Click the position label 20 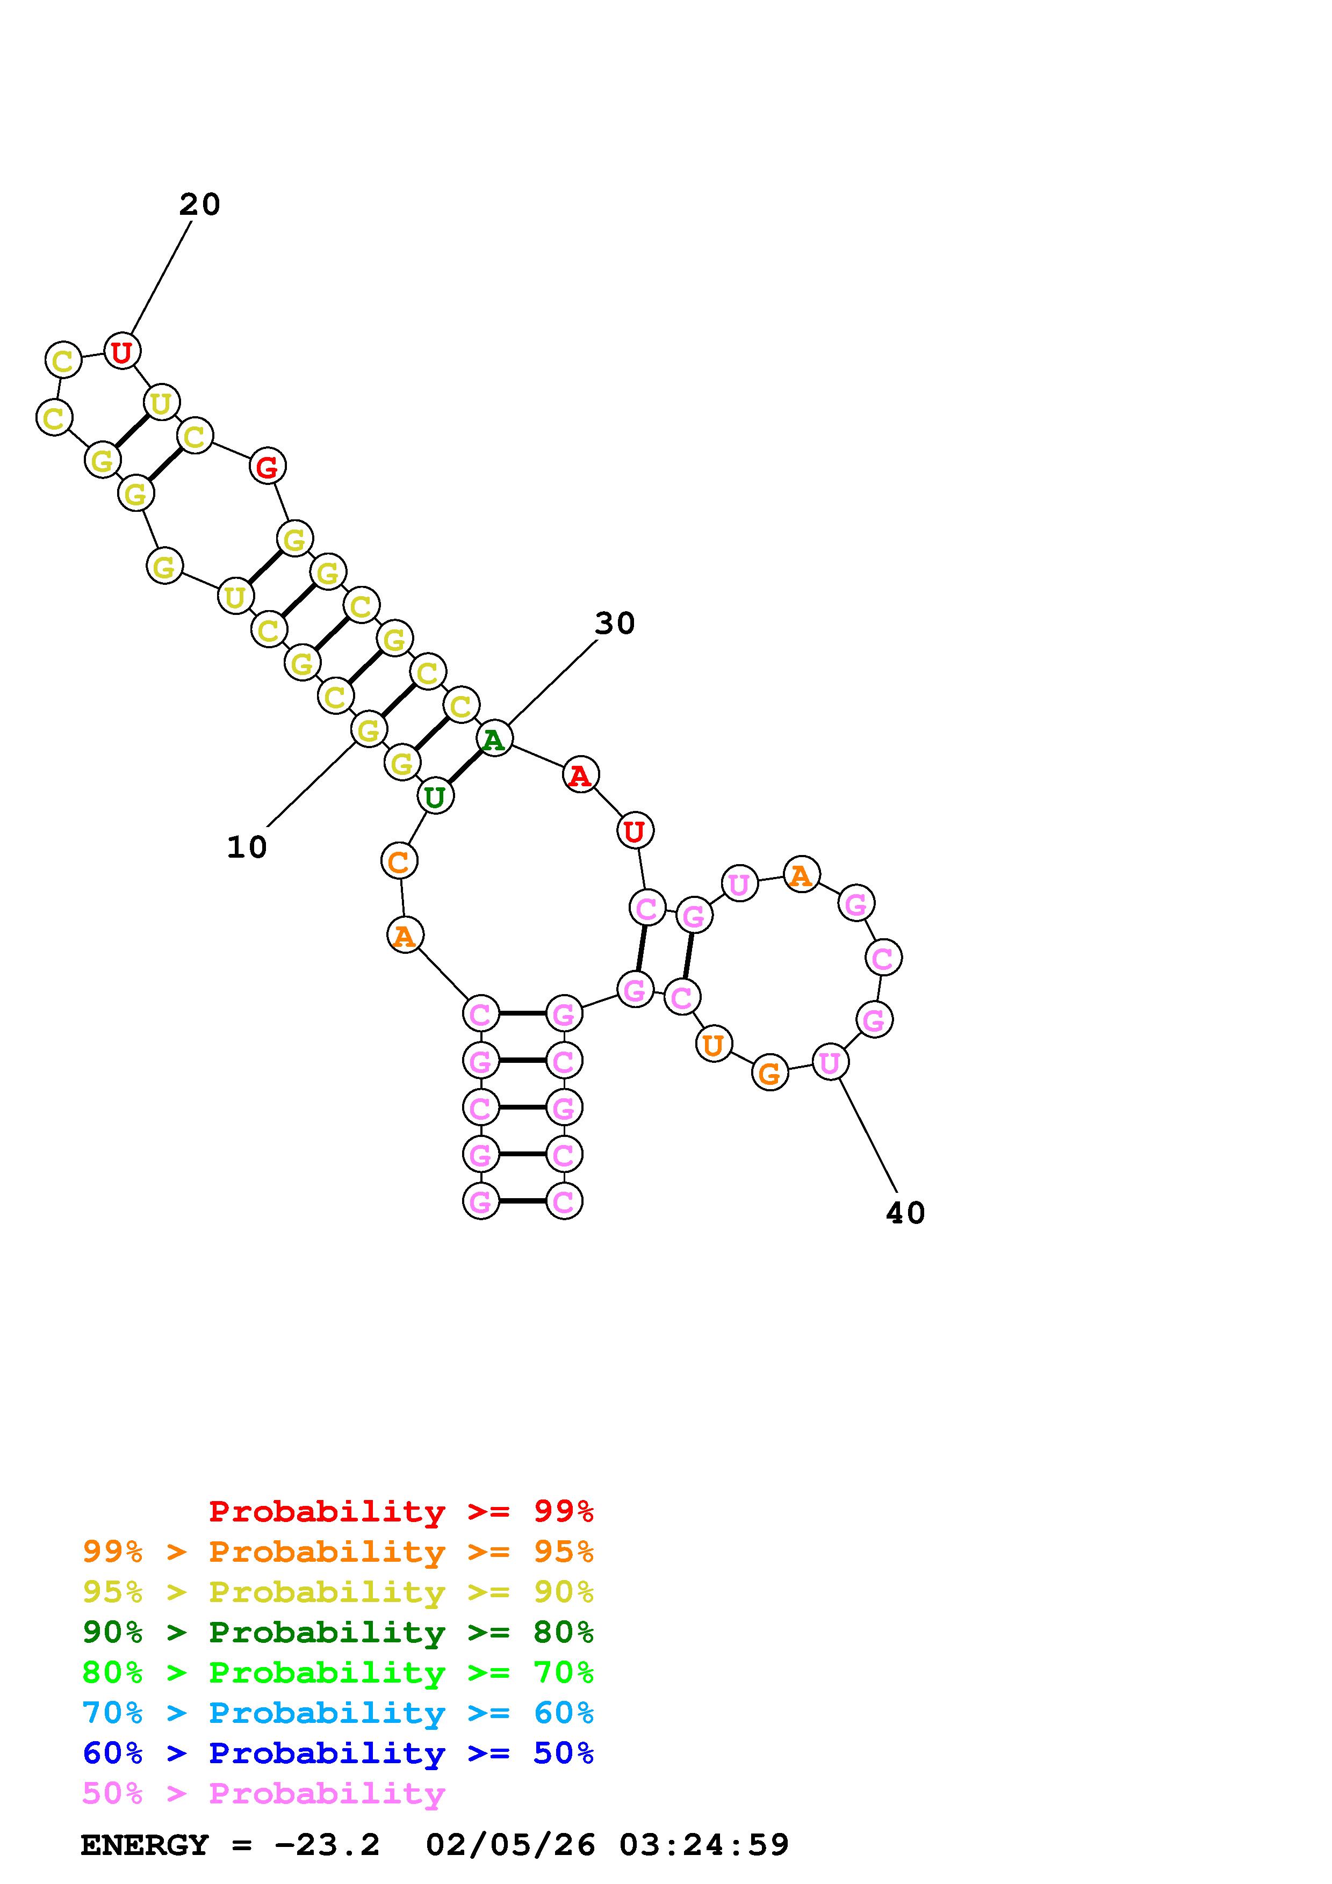(199, 204)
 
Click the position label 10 (247, 847)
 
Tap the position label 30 (615, 624)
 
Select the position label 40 (905, 1213)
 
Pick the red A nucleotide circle (580, 774)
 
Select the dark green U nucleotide (435, 796)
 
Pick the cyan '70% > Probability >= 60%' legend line (338, 1713)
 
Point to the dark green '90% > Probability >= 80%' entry (338, 1632)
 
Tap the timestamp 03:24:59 (703, 1845)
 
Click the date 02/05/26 (510, 1845)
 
